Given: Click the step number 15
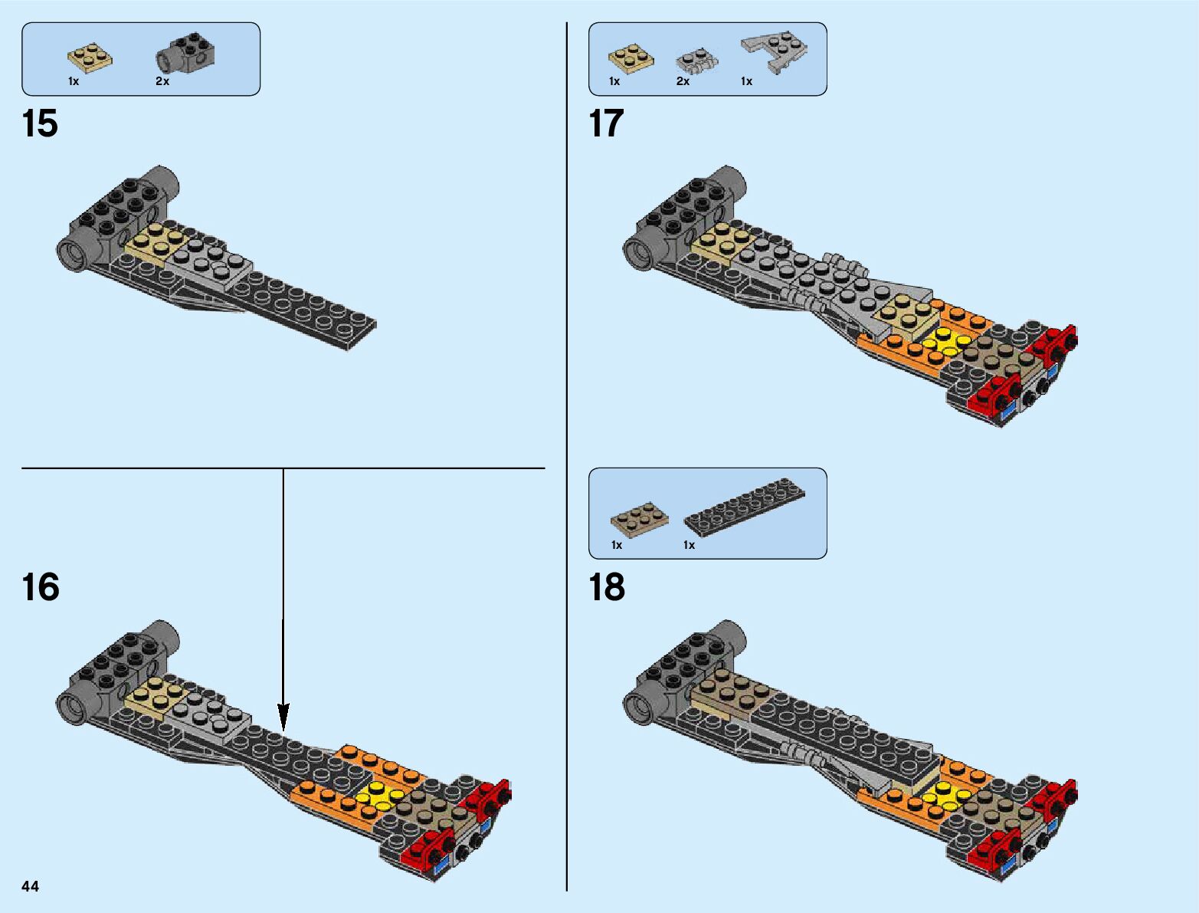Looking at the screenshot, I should [40, 124].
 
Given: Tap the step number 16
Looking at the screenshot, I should [40, 587].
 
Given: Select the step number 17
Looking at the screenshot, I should [606, 124].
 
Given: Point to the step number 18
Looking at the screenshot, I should [606, 587].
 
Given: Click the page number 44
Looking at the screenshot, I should [31, 887].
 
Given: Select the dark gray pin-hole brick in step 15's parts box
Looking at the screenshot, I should [186, 54].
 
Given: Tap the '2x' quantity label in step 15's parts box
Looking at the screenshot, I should [162, 81].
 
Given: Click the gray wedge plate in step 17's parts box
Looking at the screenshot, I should [776, 51].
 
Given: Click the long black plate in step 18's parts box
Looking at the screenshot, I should [745, 506].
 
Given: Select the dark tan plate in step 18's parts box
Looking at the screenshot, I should [639, 518].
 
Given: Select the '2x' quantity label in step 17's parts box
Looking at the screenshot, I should [683, 81].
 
